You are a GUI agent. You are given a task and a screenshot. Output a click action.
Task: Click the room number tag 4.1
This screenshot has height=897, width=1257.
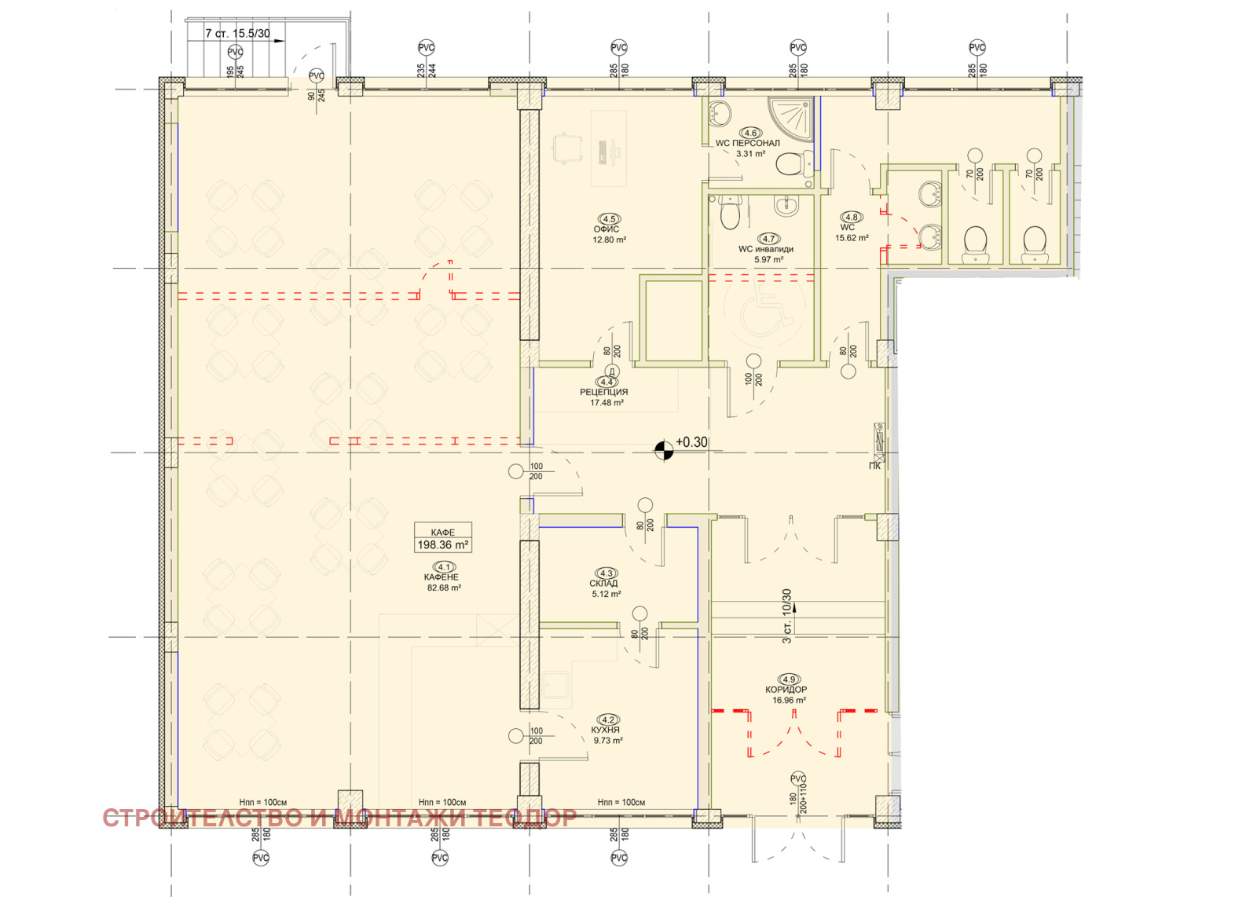point(444,567)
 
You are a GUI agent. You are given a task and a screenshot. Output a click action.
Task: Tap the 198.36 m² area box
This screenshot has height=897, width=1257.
point(443,537)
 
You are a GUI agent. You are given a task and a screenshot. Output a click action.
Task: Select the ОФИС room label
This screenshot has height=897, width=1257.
point(607,229)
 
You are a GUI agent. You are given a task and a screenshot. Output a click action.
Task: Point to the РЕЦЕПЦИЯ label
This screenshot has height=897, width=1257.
point(604,392)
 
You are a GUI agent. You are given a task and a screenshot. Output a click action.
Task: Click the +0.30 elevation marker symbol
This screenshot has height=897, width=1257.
point(664,450)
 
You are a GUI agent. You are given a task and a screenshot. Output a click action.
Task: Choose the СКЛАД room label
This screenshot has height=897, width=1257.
point(604,584)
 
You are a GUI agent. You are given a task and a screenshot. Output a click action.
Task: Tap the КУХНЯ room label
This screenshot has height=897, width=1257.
point(606,730)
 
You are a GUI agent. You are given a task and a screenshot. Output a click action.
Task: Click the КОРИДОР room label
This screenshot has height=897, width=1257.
point(786,690)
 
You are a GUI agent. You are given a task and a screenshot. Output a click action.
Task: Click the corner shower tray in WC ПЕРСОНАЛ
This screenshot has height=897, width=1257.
point(793,117)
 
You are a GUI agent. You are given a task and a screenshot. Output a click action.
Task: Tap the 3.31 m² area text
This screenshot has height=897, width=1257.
point(750,153)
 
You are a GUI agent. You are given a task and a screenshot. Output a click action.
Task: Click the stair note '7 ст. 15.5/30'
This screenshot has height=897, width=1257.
point(237,33)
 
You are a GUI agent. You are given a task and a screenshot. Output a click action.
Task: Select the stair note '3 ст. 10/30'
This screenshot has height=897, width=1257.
point(786,615)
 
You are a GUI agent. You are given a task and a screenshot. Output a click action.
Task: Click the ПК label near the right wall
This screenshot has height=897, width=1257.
point(874,466)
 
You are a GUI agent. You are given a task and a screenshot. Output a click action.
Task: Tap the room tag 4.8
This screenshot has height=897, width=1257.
point(852,217)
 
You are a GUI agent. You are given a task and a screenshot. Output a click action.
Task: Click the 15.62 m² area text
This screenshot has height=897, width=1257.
point(852,238)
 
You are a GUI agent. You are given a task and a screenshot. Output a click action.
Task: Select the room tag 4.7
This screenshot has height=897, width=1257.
point(768,239)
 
